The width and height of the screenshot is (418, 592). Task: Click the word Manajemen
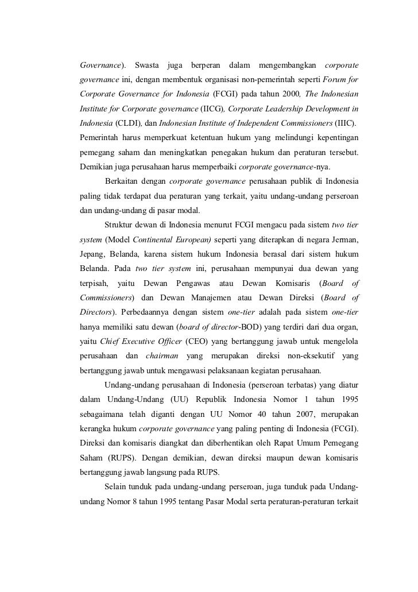coord(199,298)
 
